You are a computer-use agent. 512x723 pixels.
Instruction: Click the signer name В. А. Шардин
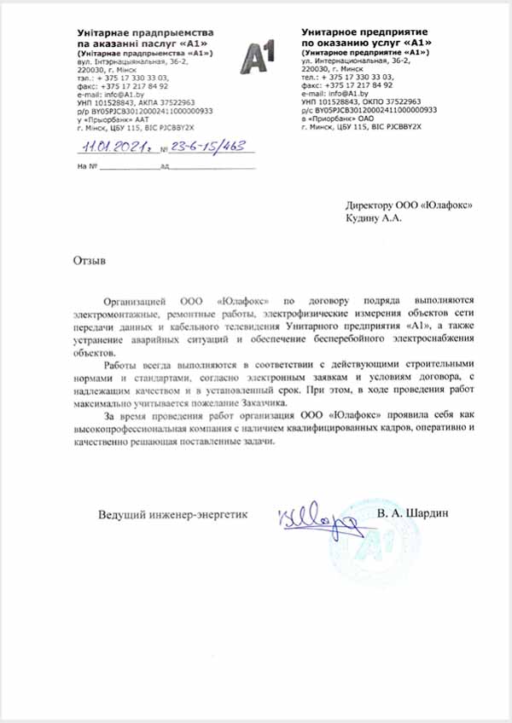click(x=412, y=513)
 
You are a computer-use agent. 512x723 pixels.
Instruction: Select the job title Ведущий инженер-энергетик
click(x=172, y=514)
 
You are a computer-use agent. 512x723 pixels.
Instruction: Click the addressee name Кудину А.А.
click(x=373, y=217)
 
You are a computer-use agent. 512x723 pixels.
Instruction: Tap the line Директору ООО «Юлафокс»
click(x=408, y=205)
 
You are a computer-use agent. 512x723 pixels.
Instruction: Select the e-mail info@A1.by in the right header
click(x=329, y=93)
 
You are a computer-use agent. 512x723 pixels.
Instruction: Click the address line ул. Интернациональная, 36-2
click(x=355, y=62)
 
